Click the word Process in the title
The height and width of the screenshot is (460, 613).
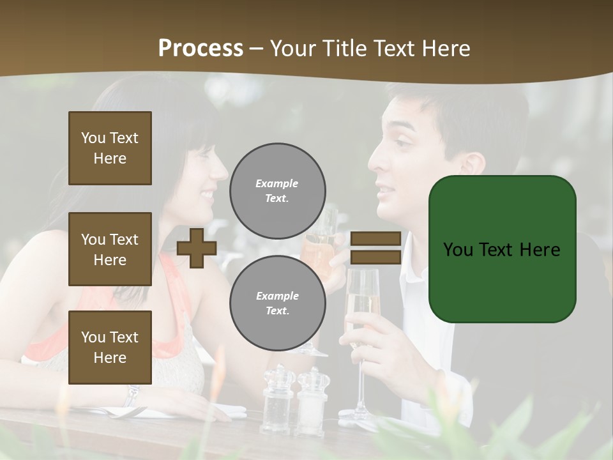click(x=201, y=49)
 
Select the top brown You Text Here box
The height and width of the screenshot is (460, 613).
click(x=110, y=148)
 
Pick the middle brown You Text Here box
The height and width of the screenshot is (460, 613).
click(x=110, y=249)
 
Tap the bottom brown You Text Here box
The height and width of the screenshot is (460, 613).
click(x=110, y=348)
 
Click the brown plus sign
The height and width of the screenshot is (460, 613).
click(x=197, y=248)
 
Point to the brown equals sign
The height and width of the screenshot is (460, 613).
click(x=375, y=248)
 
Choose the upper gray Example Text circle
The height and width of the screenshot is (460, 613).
click(x=277, y=191)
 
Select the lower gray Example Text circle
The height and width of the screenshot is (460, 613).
click(x=277, y=303)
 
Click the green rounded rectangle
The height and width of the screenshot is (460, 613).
click(x=502, y=249)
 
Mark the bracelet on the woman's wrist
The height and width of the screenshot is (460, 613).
click(x=132, y=394)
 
